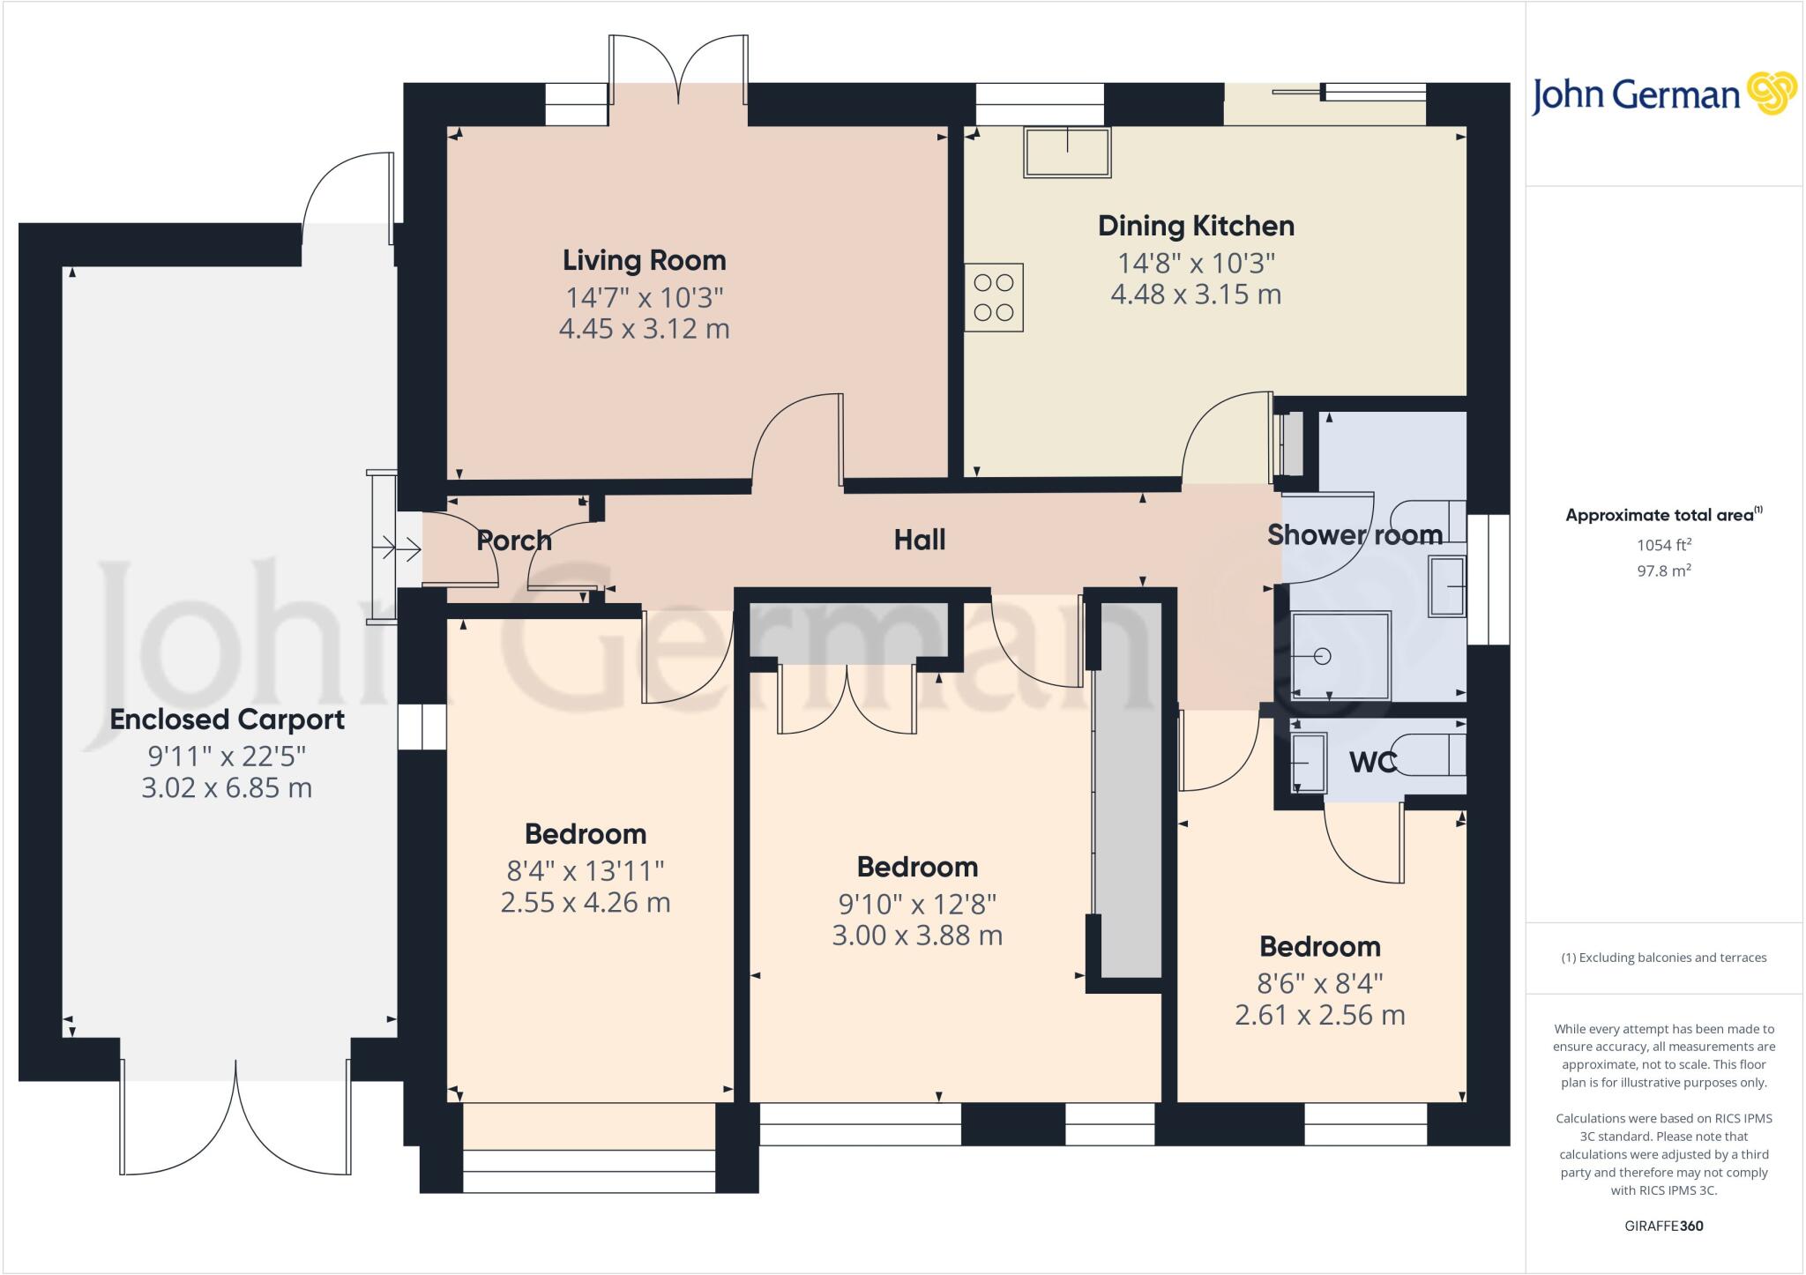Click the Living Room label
click(644, 260)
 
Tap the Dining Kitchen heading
click(1196, 226)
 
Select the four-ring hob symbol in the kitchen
click(994, 298)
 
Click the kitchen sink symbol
click(1067, 153)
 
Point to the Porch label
click(514, 541)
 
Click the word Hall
click(920, 540)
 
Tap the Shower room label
click(1354, 534)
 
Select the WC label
click(1373, 763)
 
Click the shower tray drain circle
click(1321, 656)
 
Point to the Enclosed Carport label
click(227, 720)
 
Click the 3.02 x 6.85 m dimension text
click(227, 787)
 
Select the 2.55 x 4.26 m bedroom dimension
click(586, 903)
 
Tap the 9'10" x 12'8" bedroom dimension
click(917, 904)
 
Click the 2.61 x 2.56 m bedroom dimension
click(1319, 1015)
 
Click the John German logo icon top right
click(1772, 93)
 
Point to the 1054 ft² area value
click(1663, 546)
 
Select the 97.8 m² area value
click(1663, 570)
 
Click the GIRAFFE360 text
click(1663, 1226)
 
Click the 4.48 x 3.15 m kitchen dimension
click(1196, 295)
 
